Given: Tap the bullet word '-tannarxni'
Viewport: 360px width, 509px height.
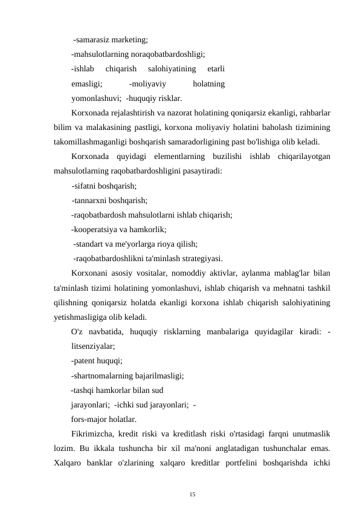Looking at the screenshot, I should coord(90,200).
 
